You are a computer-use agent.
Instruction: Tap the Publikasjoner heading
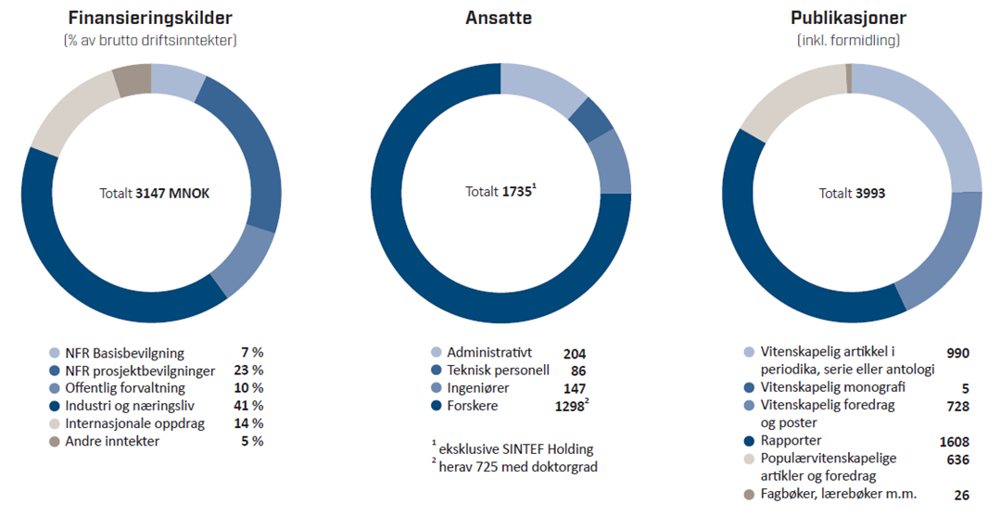point(848,18)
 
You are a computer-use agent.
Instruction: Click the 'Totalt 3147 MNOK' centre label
point(154,194)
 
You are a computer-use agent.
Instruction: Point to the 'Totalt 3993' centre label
point(851,194)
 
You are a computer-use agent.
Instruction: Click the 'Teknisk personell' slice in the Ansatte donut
point(589,120)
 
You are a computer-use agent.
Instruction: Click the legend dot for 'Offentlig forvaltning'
point(55,388)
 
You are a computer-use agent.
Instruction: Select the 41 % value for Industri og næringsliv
point(250,406)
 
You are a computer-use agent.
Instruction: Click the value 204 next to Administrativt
point(575,353)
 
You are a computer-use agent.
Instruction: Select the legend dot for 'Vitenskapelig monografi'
point(748,388)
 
